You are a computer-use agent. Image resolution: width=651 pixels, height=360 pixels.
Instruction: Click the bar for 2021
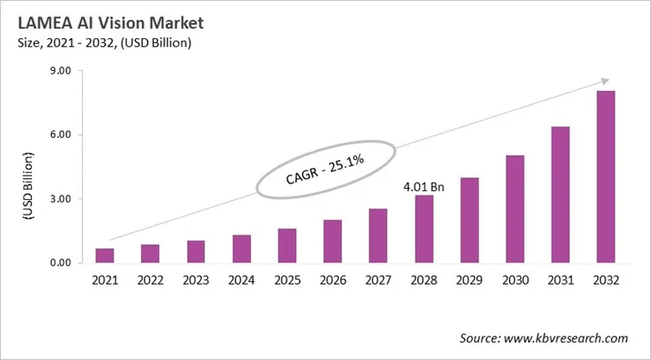pyautogui.click(x=105, y=255)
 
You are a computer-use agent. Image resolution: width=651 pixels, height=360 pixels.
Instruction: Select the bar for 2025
pyautogui.click(x=287, y=246)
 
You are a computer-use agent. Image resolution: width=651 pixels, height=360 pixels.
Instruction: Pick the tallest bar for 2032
pyautogui.click(x=606, y=177)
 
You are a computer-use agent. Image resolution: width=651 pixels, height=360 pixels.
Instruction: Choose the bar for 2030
pyautogui.click(x=515, y=209)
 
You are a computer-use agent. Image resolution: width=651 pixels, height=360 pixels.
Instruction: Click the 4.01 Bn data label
pyautogui.click(x=423, y=185)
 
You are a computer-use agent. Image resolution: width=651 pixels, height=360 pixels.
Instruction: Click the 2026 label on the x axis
pyautogui.click(x=332, y=280)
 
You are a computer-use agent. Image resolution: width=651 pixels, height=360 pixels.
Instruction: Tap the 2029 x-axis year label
pyautogui.click(x=469, y=280)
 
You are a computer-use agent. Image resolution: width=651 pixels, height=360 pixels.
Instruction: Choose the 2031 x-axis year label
pyautogui.click(x=560, y=280)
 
